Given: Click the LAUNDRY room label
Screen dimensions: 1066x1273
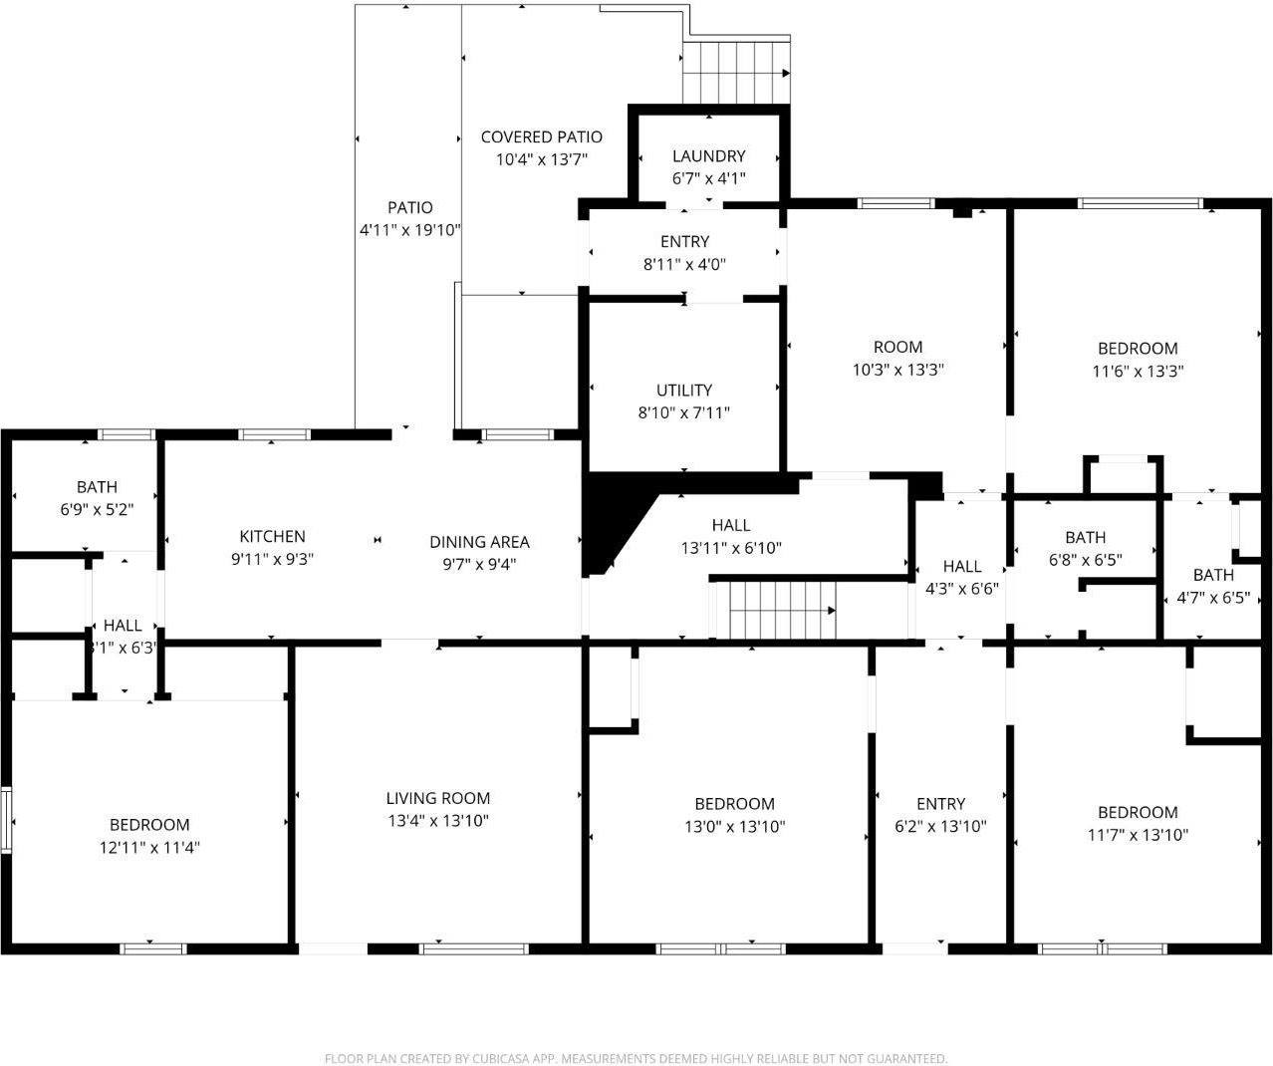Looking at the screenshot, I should [x=708, y=156].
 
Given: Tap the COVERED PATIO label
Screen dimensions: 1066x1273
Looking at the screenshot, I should [x=541, y=137].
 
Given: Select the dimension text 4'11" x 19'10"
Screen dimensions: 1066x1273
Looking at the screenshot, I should [x=409, y=230].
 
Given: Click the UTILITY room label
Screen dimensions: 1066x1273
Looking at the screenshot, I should [x=683, y=391].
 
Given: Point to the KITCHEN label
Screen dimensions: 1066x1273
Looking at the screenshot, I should [x=272, y=537].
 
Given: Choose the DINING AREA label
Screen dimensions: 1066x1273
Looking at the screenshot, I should [x=479, y=542].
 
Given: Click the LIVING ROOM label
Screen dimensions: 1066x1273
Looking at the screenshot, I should [x=438, y=798].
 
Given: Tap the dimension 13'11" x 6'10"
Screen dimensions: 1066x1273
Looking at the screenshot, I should [x=731, y=548].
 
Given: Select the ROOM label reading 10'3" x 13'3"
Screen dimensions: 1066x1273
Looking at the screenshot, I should [x=897, y=348].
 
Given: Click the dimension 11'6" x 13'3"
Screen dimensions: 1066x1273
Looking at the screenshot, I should [x=1138, y=371].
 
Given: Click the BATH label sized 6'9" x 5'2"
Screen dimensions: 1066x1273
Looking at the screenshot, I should [x=97, y=487].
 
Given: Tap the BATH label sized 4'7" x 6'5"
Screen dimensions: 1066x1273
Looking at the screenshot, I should [x=1213, y=575].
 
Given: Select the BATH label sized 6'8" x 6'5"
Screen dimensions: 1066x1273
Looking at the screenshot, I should [x=1085, y=538].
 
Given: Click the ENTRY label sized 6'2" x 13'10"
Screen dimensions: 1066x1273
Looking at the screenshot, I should [x=940, y=804].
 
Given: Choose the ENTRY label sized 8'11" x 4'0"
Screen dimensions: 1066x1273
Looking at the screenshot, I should [x=684, y=242].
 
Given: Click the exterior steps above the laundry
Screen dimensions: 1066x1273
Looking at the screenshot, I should [x=736, y=73].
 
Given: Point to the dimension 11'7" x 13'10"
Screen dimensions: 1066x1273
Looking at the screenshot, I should [x=1138, y=835].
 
